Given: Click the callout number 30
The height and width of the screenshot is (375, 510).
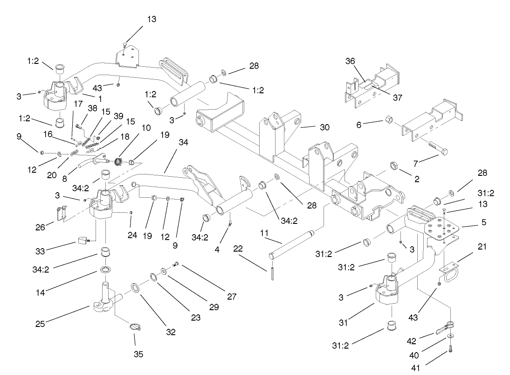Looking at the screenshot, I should (x=324, y=127).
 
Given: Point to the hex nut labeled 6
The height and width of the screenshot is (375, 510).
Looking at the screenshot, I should (x=389, y=122).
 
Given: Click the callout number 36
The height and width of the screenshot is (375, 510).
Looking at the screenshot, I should (x=350, y=61).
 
